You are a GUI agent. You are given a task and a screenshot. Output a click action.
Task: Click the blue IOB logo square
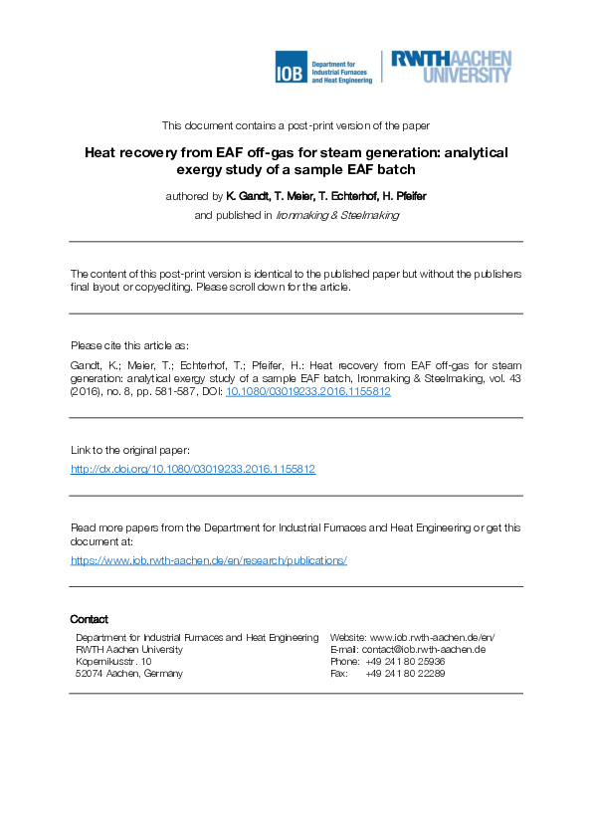291,68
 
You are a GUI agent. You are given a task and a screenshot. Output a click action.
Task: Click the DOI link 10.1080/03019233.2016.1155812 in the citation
308,392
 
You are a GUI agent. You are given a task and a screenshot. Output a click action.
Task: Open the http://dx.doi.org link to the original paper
193,469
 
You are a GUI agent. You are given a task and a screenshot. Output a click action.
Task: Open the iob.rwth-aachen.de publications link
209,560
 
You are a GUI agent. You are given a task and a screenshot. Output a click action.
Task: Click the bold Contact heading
90,619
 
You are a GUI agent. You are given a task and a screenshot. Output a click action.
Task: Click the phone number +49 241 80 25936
405,661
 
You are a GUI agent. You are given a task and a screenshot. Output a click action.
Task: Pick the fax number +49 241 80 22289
405,674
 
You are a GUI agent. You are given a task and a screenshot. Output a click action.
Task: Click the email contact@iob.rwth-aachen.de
423,649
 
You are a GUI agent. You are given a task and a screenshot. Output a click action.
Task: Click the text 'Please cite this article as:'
129,345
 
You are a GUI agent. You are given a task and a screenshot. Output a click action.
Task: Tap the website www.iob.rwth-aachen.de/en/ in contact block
433,637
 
